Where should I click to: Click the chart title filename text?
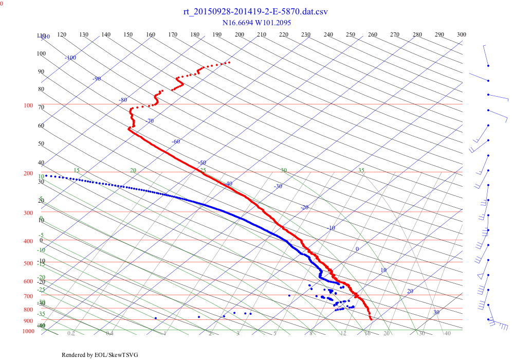click(x=255, y=11)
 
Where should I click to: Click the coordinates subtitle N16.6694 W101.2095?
click(x=255, y=23)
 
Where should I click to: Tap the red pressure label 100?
click(x=28, y=106)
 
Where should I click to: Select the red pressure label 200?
click(x=28, y=174)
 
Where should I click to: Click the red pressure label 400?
click(x=28, y=241)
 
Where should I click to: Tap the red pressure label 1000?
click(x=28, y=332)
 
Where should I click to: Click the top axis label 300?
click(x=462, y=34)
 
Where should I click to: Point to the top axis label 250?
click(x=351, y=34)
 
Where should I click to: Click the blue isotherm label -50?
click(x=202, y=163)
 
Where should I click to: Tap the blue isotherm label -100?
click(x=70, y=58)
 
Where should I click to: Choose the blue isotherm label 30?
click(x=436, y=312)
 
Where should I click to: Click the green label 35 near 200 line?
click(x=361, y=170)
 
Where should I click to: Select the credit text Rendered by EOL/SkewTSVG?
click(x=100, y=355)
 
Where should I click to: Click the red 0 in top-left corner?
click(x=2, y=4)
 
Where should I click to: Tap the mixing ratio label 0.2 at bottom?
click(x=71, y=334)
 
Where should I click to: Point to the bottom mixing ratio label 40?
click(x=447, y=334)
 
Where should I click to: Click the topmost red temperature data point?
click(x=229, y=62)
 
